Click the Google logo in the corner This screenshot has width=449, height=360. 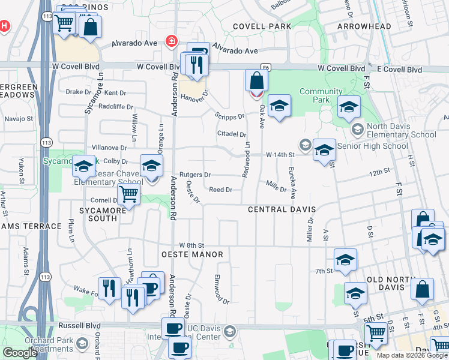click(20, 353)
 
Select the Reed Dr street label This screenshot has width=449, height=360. click(220, 190)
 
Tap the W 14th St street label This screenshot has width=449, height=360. click(281, 154)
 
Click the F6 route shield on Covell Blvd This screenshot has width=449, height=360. click(265, 67)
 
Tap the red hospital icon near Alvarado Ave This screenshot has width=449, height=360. click(172, 41)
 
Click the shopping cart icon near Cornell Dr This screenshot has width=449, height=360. click(128, 194)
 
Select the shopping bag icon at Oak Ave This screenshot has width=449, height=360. click(256, 81)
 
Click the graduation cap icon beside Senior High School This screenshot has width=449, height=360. click(324, 150)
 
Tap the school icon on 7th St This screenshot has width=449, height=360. click(345, 259)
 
